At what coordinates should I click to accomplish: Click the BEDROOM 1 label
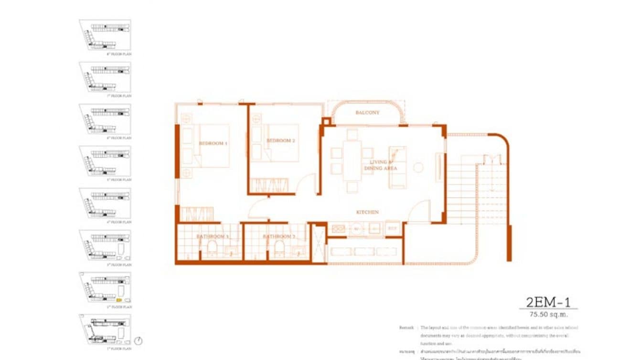[213, 143]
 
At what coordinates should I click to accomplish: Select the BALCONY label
[367, 113]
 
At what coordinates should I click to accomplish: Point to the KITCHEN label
[367, 212]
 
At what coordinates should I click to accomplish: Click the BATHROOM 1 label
[213, 236]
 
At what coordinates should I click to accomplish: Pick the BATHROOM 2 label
[279, 236]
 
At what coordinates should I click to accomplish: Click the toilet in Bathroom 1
[212, 249]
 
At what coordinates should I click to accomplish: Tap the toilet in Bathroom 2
[279, 249]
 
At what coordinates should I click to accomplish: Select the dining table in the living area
[352, 160]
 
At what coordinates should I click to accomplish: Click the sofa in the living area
[397, 167]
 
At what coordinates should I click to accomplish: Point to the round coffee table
[418, 168]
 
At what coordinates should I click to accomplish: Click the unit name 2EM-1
[548, 302]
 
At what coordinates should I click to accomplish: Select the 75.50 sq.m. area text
[548, 315]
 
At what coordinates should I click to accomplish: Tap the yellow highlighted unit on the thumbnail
[119, 300]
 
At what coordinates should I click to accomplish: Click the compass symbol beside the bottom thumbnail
[139, 341]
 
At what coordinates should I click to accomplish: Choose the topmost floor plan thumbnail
[105, 35]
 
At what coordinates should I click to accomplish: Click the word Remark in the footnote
[406, 328]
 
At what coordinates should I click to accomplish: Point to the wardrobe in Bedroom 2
[269, 185]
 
